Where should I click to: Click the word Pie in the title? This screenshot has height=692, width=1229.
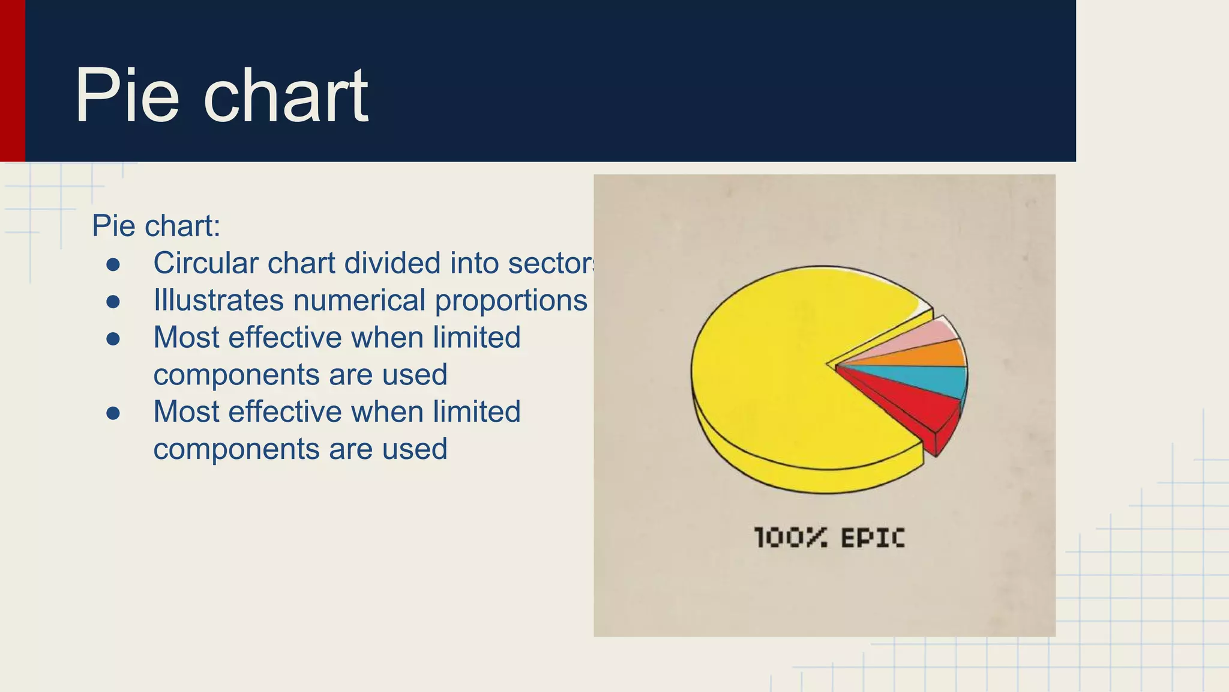127,96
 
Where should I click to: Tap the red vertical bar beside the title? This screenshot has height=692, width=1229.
12,81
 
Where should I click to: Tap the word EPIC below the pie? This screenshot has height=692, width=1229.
873,538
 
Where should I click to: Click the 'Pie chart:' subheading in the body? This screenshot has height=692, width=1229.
156,226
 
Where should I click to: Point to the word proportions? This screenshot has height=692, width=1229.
511,300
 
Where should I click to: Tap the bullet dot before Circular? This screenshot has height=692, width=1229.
113,264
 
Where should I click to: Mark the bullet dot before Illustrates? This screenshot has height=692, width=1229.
113,302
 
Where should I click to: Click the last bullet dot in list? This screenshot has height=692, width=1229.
113,413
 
